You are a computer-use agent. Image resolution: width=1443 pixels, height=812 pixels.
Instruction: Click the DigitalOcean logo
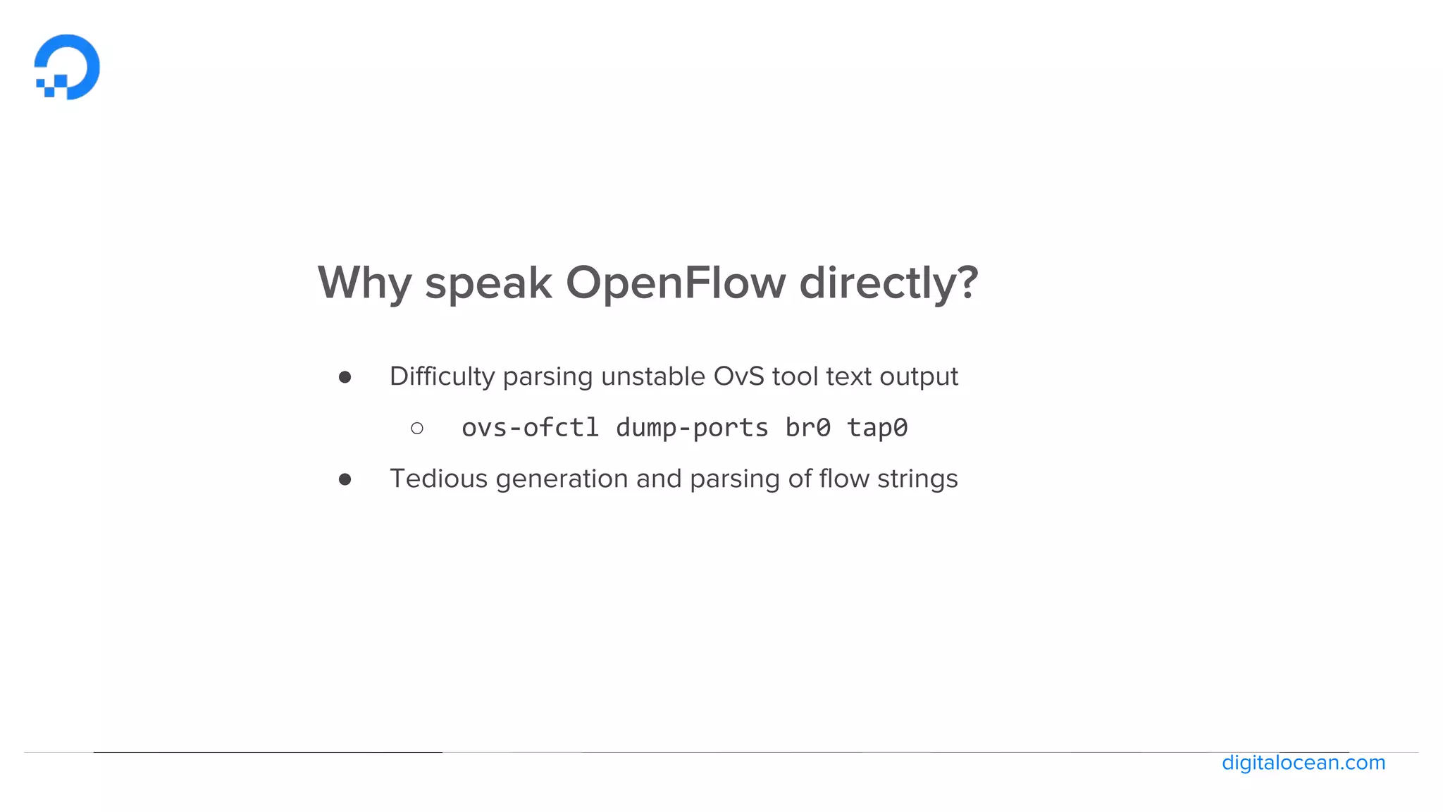68,67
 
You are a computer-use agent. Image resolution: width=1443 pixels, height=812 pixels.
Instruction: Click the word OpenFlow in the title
675,283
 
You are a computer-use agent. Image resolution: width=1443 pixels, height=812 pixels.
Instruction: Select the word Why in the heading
364,283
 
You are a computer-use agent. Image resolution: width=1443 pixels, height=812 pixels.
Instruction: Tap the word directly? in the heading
888,283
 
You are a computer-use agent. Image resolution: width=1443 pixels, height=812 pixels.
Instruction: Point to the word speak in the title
488,283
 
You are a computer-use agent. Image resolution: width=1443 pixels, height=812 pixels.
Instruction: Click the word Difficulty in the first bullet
442,377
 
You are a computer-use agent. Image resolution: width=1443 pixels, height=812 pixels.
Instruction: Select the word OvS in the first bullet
738,377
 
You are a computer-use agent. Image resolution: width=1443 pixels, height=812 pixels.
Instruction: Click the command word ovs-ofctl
530,428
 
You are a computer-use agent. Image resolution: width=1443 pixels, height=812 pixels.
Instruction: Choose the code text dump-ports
692,428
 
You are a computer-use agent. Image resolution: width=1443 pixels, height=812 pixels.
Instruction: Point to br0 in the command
807,428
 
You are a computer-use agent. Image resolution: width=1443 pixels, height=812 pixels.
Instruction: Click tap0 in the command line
877,428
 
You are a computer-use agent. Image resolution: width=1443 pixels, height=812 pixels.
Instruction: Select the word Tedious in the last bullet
438,479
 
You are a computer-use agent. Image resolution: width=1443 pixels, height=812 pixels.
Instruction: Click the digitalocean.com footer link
1303,763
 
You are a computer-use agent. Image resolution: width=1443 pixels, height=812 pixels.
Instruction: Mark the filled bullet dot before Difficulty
345,378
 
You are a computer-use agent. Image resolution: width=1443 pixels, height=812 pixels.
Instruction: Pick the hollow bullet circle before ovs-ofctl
417,428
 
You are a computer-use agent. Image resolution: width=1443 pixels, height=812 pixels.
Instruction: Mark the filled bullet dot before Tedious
345,480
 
